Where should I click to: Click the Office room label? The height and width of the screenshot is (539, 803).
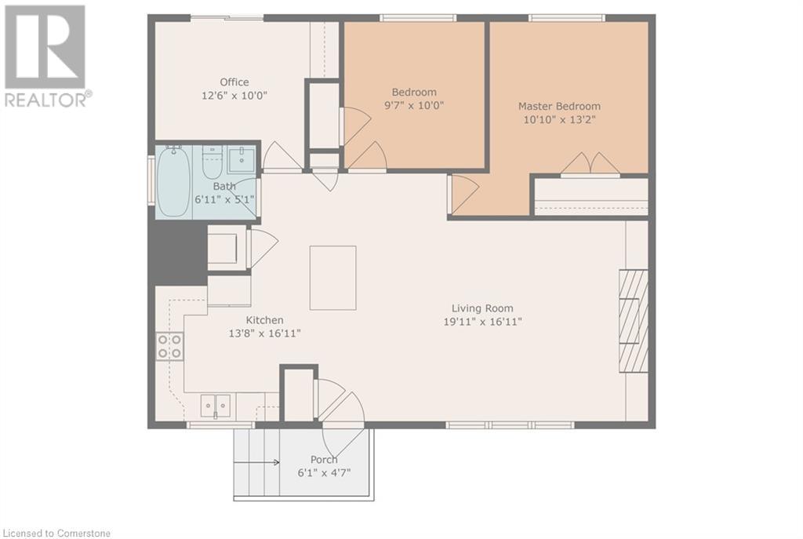234,82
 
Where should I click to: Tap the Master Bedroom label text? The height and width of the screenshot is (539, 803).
559,106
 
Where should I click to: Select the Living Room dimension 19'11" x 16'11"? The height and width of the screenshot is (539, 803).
482,322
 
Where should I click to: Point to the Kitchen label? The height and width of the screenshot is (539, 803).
264,320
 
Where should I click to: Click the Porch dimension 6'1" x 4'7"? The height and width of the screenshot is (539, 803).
324,472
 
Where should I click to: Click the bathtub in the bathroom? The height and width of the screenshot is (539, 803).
173,181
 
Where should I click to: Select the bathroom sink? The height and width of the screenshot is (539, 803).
241,159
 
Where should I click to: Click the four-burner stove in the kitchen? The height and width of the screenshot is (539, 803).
169,346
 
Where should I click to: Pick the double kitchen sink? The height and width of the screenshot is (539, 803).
216,406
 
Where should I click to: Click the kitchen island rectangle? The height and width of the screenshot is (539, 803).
332,278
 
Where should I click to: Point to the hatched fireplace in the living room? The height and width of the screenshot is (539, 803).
634,321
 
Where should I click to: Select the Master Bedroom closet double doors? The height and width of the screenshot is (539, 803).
590,163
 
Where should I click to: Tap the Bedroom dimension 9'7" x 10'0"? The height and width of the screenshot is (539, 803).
414,106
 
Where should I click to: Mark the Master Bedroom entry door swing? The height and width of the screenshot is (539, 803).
464,195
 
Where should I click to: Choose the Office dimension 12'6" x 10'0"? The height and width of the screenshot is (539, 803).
234,95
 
